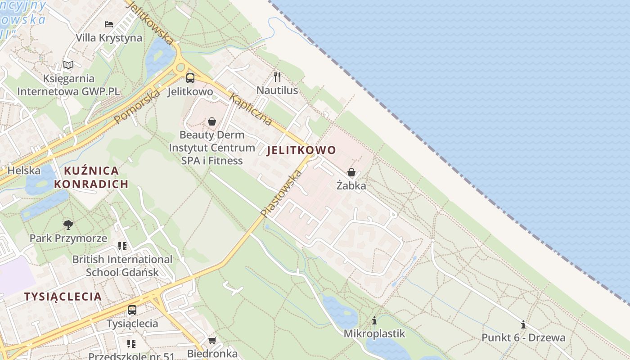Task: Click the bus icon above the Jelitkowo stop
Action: pyautogui.click(x=190, y=78)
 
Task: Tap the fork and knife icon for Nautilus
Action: pyautogui.click(x=277, y=77)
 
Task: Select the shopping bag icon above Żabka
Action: pyautogui.click(x=351, y=172)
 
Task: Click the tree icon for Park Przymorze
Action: pyautogui.click(x=68, y=225)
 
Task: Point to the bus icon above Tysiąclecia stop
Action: pyautogui.click(x=132, y=310)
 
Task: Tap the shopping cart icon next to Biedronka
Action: pyautogui.click(x=212, y=340)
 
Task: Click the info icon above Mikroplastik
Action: pyautogui.click(x=374, y=320)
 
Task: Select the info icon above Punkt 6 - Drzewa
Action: pyautogui.click(x=523, y=324)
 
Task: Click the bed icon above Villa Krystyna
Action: pyautogui.click(x=109, y=24)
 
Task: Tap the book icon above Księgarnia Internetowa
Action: pyautogui.click(x=68, y=65)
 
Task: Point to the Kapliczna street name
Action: pyautogui.click(x=251, y=109)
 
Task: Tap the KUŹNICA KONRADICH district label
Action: pyautogui.click(x=91, y=177)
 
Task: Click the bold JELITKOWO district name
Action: pyautogui.click(x=301, y=150)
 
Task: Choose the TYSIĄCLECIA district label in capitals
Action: pyautogui.click(x=63, y=297)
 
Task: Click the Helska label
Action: pyautogui.click(x=24, y=171)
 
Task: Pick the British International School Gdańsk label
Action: pyautogui.click(x=122, y=266)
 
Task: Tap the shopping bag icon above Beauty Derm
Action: pyautogui.click(x=212, y=121)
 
